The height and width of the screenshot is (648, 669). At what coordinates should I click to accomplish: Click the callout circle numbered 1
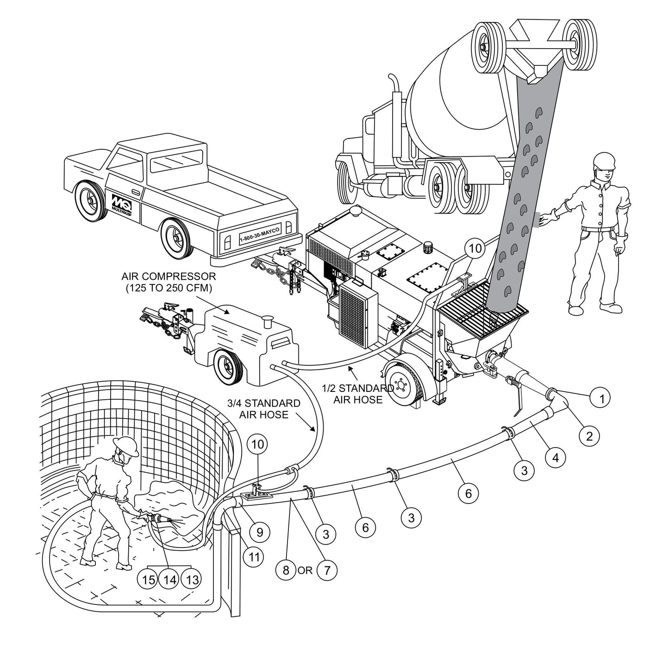click(601, 397)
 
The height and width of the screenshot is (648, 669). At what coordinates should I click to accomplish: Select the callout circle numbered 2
click(589, 435)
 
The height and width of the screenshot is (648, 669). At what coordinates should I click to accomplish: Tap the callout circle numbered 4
click(555, 458)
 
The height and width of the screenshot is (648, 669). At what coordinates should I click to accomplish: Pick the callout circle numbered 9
click(259, 532)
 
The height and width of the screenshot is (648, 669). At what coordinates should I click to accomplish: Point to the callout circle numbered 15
click(148, 579)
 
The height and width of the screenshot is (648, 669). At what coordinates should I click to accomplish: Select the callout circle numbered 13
click(191, 579)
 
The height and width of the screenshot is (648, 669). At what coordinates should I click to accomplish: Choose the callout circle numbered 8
click(286, 570)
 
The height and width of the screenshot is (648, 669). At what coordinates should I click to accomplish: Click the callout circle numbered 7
click(327, 570)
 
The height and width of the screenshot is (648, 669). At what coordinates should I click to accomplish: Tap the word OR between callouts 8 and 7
click(306, 570)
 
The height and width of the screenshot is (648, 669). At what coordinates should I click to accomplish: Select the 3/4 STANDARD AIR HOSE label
click(263, 409)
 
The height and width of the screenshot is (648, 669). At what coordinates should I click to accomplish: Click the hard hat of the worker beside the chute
click(605, 160)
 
